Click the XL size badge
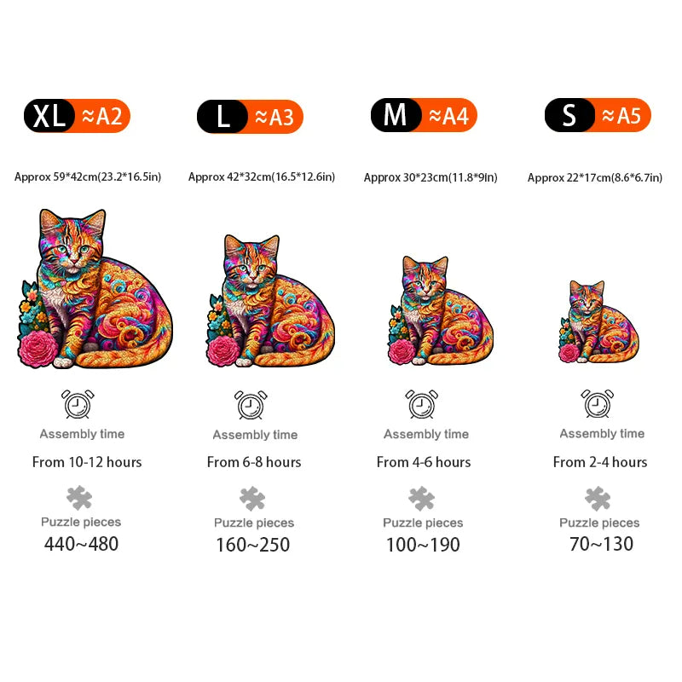tap(49, 116)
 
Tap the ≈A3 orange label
tap(275, 117)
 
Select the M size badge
tap(396, 115)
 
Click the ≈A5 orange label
tap(622, 115)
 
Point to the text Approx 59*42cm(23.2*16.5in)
tap(88, 177)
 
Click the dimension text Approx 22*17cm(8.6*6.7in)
tap(595, 177)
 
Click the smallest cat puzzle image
tap(598, 323)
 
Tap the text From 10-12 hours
tap(87, 462)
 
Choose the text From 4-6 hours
tap(424, 462)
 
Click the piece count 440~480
tap(82, 544)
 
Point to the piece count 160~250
tap(253, 545)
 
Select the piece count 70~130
tap(602, 544)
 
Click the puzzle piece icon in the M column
tap(421, 498)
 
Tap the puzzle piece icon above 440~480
tap(79, 497)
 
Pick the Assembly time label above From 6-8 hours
tap(255, 435)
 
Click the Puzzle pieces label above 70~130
tap(599, 523)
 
